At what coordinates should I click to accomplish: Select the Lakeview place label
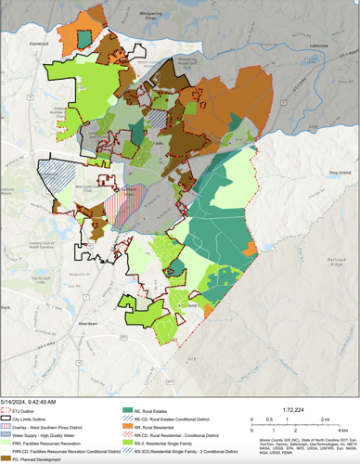[319, 45]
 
